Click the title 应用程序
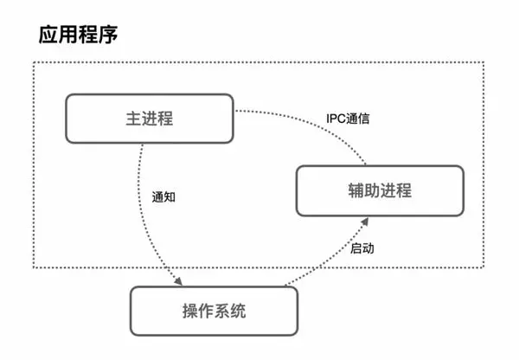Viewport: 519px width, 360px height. [x=78, y=35]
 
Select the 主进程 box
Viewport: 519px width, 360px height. [x=150, y=119]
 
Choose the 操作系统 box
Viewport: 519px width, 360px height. [x=214, y=311]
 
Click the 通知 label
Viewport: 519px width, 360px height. [x=163, y=196]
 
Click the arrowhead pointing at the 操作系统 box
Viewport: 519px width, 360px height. [x=178, y=283]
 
